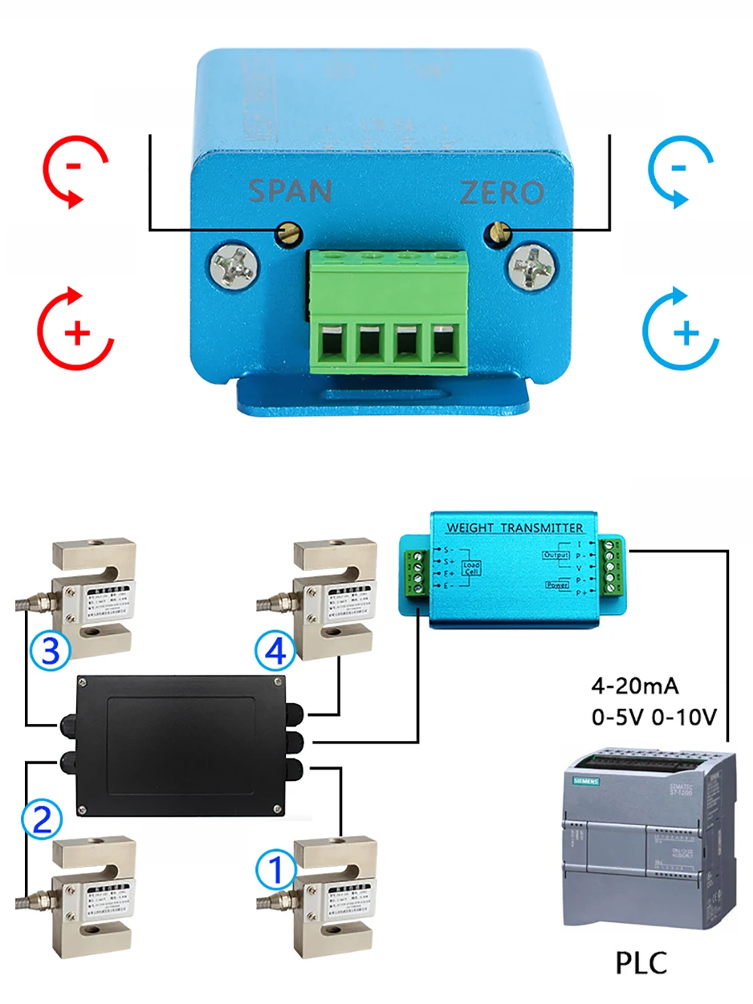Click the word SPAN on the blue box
291,191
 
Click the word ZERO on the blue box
501,193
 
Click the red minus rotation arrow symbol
75,171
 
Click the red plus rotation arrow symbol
75,329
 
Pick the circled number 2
42,819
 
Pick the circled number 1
276,870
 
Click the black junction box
181,745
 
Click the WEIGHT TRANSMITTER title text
514,528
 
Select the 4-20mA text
635,685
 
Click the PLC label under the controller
641,963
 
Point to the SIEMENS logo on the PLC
587,780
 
